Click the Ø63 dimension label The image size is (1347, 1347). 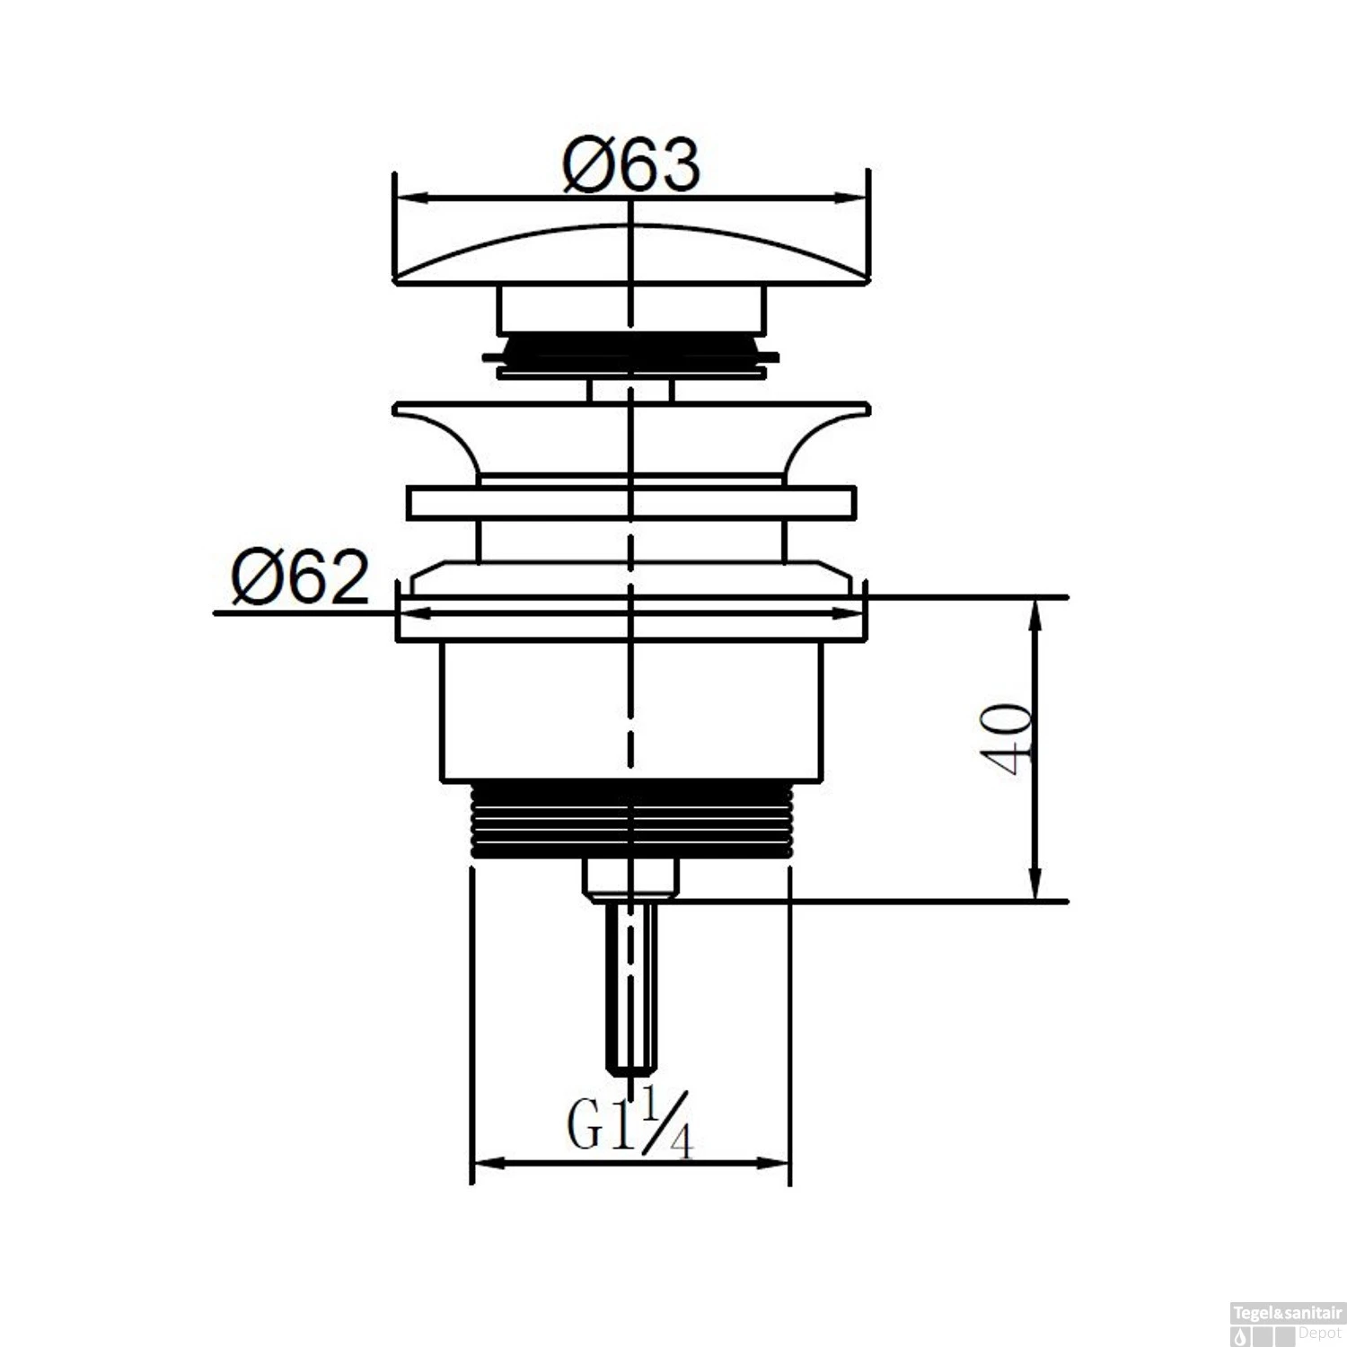[x=631, y=165]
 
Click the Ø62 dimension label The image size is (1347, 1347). [x=300, y=579]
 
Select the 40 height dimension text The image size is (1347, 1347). [x=1008, y=738]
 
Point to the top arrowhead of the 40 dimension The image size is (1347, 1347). [x=1035, y=611]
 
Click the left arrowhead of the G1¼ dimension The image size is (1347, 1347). [x=485, y=1164]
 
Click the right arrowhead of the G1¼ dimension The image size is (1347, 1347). [x=776, y=1164]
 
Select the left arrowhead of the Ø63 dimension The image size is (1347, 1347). [x=408, y=198]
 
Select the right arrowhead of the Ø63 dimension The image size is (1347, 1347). [x=857, y=198]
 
